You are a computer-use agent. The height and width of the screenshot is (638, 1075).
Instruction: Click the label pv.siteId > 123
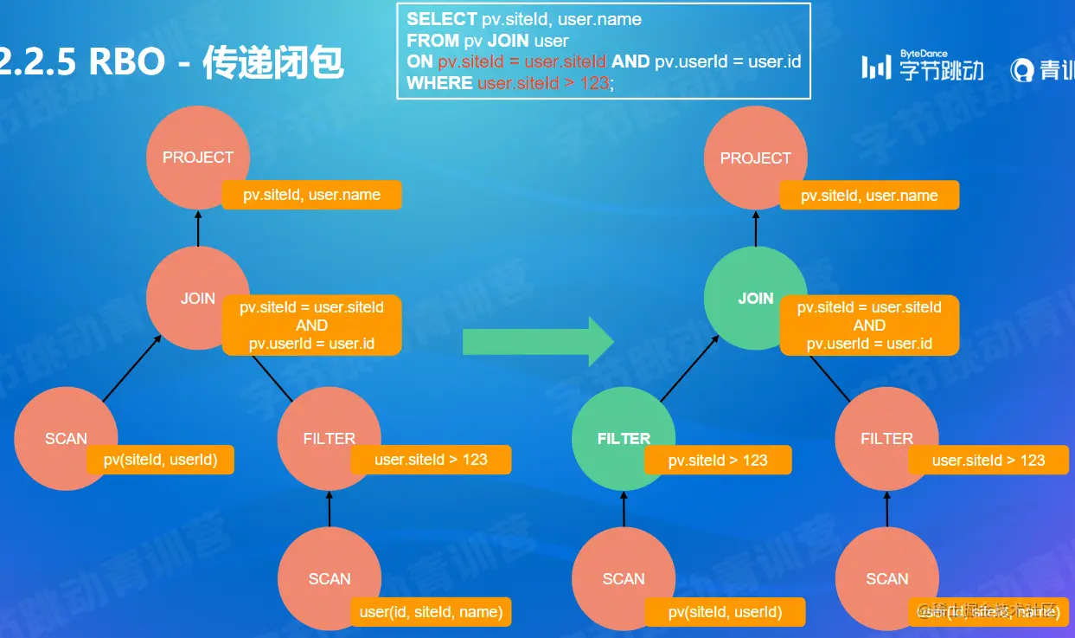718,461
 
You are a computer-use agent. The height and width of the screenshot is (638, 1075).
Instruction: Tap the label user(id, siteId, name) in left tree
431,612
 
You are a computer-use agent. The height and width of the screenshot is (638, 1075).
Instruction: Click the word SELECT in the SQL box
442,19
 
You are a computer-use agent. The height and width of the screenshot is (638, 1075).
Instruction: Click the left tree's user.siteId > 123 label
431,460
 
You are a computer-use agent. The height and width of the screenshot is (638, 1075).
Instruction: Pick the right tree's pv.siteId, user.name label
869,196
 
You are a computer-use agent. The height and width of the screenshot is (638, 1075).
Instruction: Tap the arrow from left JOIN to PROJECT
198,231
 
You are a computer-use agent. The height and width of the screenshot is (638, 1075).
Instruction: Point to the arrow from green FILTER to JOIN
689,370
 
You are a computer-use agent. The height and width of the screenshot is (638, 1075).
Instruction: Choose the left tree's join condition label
311,325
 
